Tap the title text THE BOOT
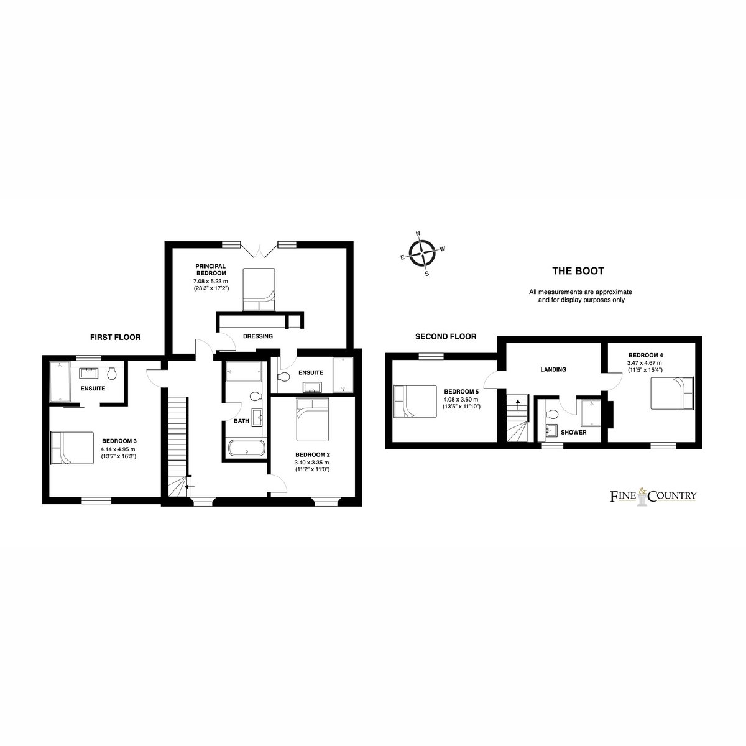[x=578, y=271]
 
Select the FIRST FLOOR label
[x=116, y=337]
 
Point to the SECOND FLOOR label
[x=446, y=336]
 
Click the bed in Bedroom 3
[x=72, y=448]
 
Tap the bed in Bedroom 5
[x=415, y=401]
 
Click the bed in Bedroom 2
[x=313, y=419]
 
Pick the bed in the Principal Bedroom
[x=259, y=290]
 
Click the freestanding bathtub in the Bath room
[x=247, y=448]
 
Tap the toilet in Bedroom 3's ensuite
[x=113, y=374]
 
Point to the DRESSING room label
[x=258, y=336]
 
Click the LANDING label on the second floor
[x=553, y=369]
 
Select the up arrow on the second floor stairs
[x=517, y=405]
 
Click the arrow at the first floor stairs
[x=190, y=487]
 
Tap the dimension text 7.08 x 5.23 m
[x=211, y=281]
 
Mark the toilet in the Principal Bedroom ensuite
[x=285, y=376]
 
